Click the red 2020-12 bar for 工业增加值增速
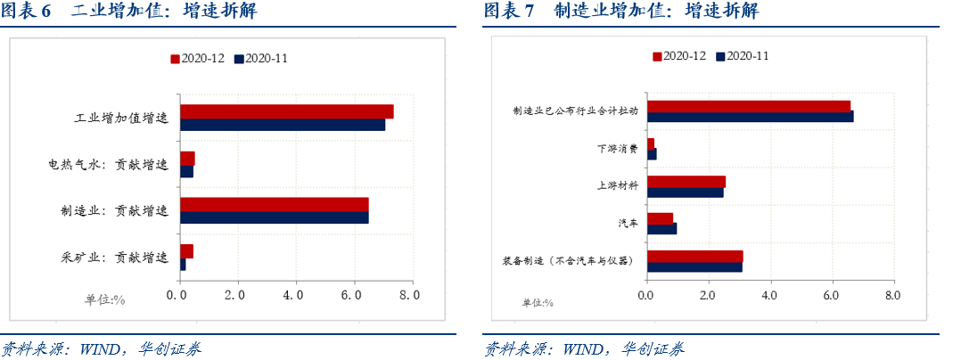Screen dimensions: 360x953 (286, 111)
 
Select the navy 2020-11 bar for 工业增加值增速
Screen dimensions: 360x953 (283, 125)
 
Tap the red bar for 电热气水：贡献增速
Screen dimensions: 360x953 (187, 158)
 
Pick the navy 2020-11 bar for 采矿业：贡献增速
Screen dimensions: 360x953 (183, 265)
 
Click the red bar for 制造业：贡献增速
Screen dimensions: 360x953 (274, 204)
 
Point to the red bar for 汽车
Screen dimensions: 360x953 (660, 217)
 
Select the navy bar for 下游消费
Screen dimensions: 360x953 (652, 154)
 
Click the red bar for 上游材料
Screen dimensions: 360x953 (686, 181)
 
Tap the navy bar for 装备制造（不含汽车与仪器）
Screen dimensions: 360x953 (694, 266)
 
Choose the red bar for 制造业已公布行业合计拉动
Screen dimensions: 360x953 (748, 105)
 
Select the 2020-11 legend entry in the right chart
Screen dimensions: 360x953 (743, 55)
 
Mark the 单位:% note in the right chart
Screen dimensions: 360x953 (538, 303)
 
